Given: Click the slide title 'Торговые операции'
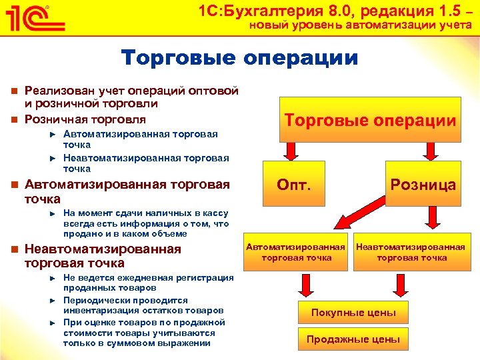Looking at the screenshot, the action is (239, 58).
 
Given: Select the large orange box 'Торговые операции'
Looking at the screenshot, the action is (370, 120).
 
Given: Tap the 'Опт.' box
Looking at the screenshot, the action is (294, 184).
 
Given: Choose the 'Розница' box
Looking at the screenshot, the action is (423, 185).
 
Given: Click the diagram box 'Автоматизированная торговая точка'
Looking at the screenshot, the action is (297, 252).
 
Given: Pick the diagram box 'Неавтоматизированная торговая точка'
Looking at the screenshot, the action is (411, 252).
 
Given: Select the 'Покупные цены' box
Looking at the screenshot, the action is (353, 313).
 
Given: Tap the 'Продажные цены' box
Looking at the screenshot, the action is (353, 339).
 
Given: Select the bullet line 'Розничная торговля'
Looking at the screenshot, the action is (85, 119).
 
